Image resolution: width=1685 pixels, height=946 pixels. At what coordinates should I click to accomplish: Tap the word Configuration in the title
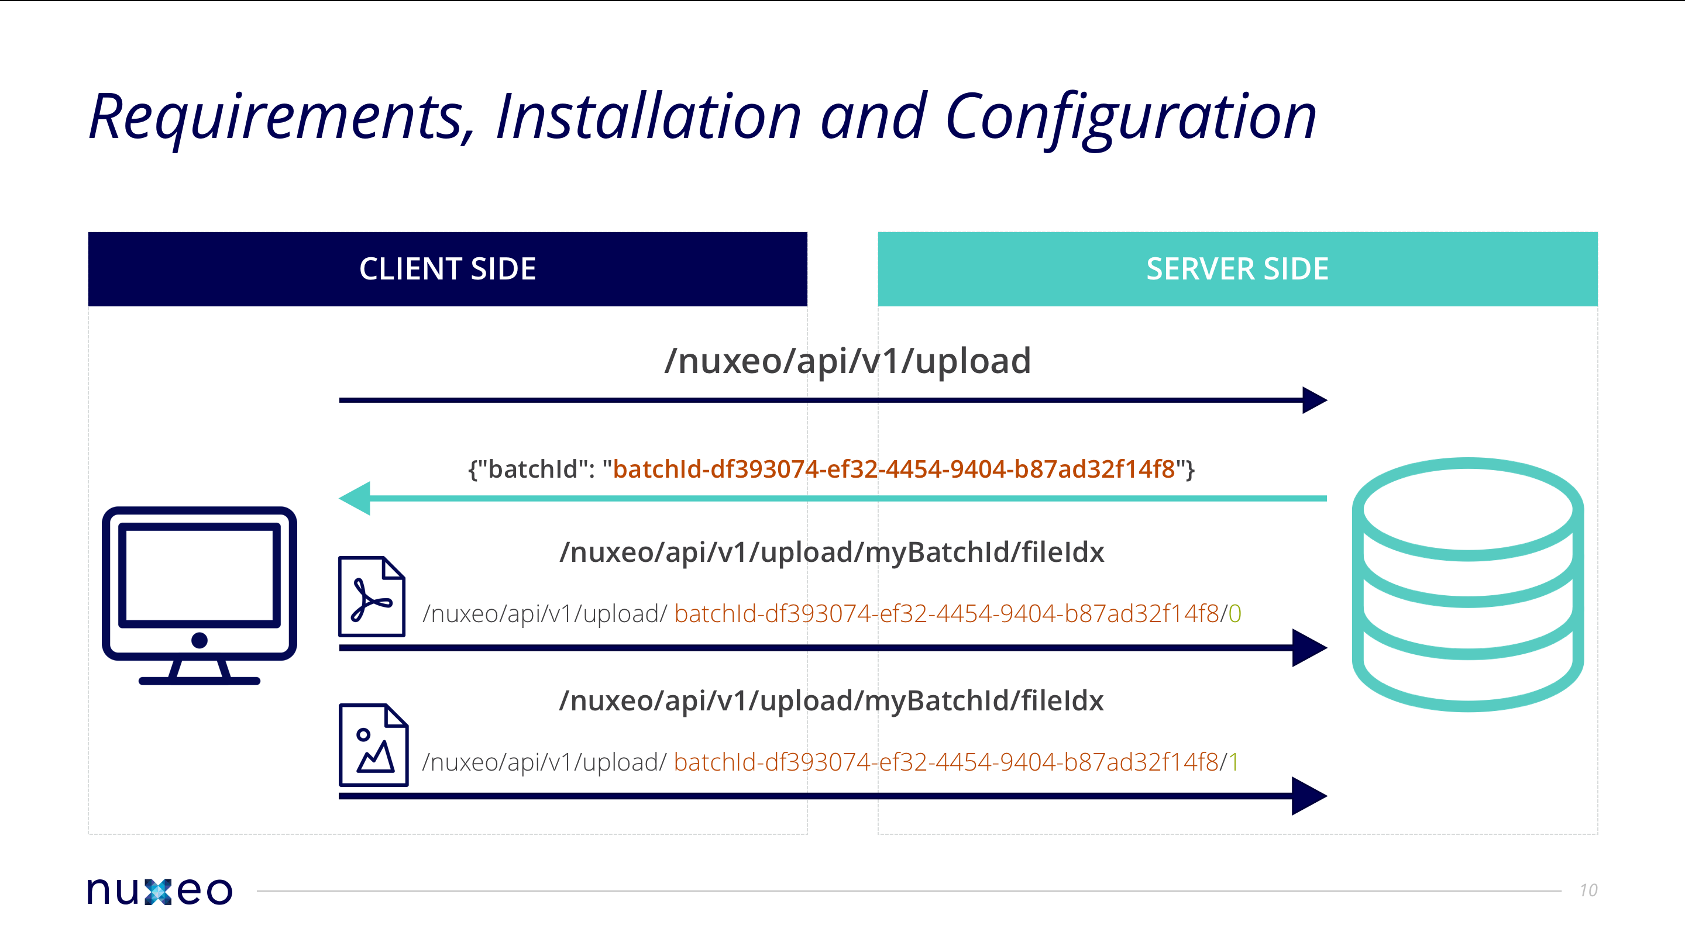[x=1130, y=118]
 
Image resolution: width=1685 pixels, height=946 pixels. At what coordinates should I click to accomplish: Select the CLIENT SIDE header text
[x=448, y=269]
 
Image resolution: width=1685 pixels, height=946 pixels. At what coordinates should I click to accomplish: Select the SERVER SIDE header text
[x=1237, y=269]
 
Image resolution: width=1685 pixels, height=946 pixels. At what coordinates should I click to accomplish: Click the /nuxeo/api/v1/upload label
[x=847, y=361]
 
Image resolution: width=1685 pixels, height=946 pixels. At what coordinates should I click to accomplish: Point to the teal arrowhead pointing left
[x=355, y=498]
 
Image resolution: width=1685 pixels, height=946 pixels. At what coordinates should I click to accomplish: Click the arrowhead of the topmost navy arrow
[x=1313, y=400]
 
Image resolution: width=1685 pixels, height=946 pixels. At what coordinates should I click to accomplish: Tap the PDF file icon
[x=372, y=596]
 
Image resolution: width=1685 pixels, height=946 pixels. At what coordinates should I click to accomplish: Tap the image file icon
[x=373, y=745]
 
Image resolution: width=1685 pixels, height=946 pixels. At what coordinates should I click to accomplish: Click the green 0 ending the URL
[x=1234, y=614]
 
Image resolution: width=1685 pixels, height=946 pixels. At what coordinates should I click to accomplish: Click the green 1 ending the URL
[x=1233, y=762]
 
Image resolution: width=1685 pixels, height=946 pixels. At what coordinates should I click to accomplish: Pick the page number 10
[x=1588, y=890]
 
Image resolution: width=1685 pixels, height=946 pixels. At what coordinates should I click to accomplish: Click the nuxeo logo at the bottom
[x=160, y=890]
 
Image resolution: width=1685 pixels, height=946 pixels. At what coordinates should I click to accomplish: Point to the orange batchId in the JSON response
[x=893, y=469]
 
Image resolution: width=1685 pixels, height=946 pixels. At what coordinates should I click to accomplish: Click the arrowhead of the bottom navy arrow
[x=1309, y=796]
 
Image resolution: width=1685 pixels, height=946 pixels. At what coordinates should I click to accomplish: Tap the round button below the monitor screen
[x=200, y=640]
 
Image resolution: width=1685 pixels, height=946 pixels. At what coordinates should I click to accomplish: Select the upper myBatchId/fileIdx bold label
[x=831, y=553]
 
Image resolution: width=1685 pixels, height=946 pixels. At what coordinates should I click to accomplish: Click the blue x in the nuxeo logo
[x=157, y=891]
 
